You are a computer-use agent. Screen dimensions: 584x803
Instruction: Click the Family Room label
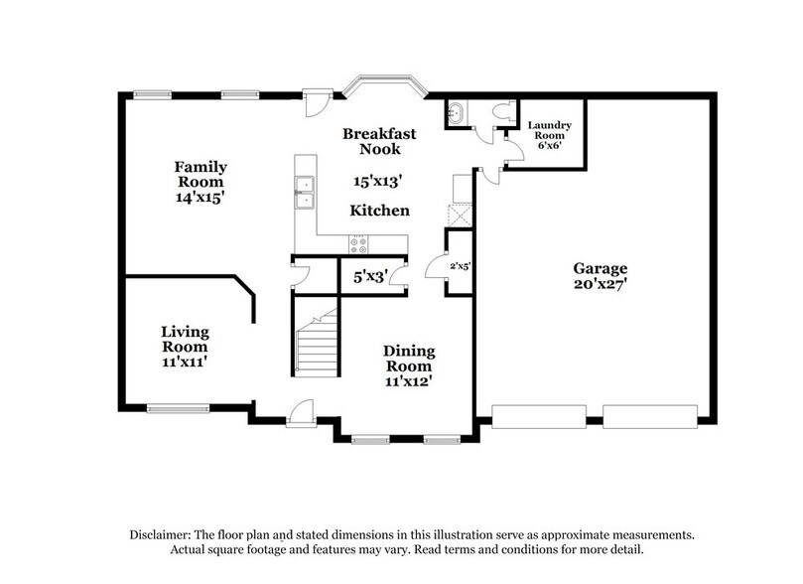[x=201, y=175]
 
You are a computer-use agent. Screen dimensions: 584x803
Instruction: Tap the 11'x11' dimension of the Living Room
[x=186, y=363]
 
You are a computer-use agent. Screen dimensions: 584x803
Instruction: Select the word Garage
[x=601, y=268]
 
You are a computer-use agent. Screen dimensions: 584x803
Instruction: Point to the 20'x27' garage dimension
[x=601, y=284]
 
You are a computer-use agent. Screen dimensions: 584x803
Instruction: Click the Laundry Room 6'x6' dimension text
[x=550, y=143]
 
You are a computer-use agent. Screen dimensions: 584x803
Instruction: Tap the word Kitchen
[x=379, y=211]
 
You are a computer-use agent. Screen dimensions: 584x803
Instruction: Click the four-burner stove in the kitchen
[x=358, y=243]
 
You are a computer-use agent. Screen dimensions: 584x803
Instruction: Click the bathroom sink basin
[x=457, y=112]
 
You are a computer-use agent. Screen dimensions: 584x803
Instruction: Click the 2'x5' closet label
[x=459, y=265]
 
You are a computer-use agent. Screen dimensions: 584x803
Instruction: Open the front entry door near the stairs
[x=302, y=411]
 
